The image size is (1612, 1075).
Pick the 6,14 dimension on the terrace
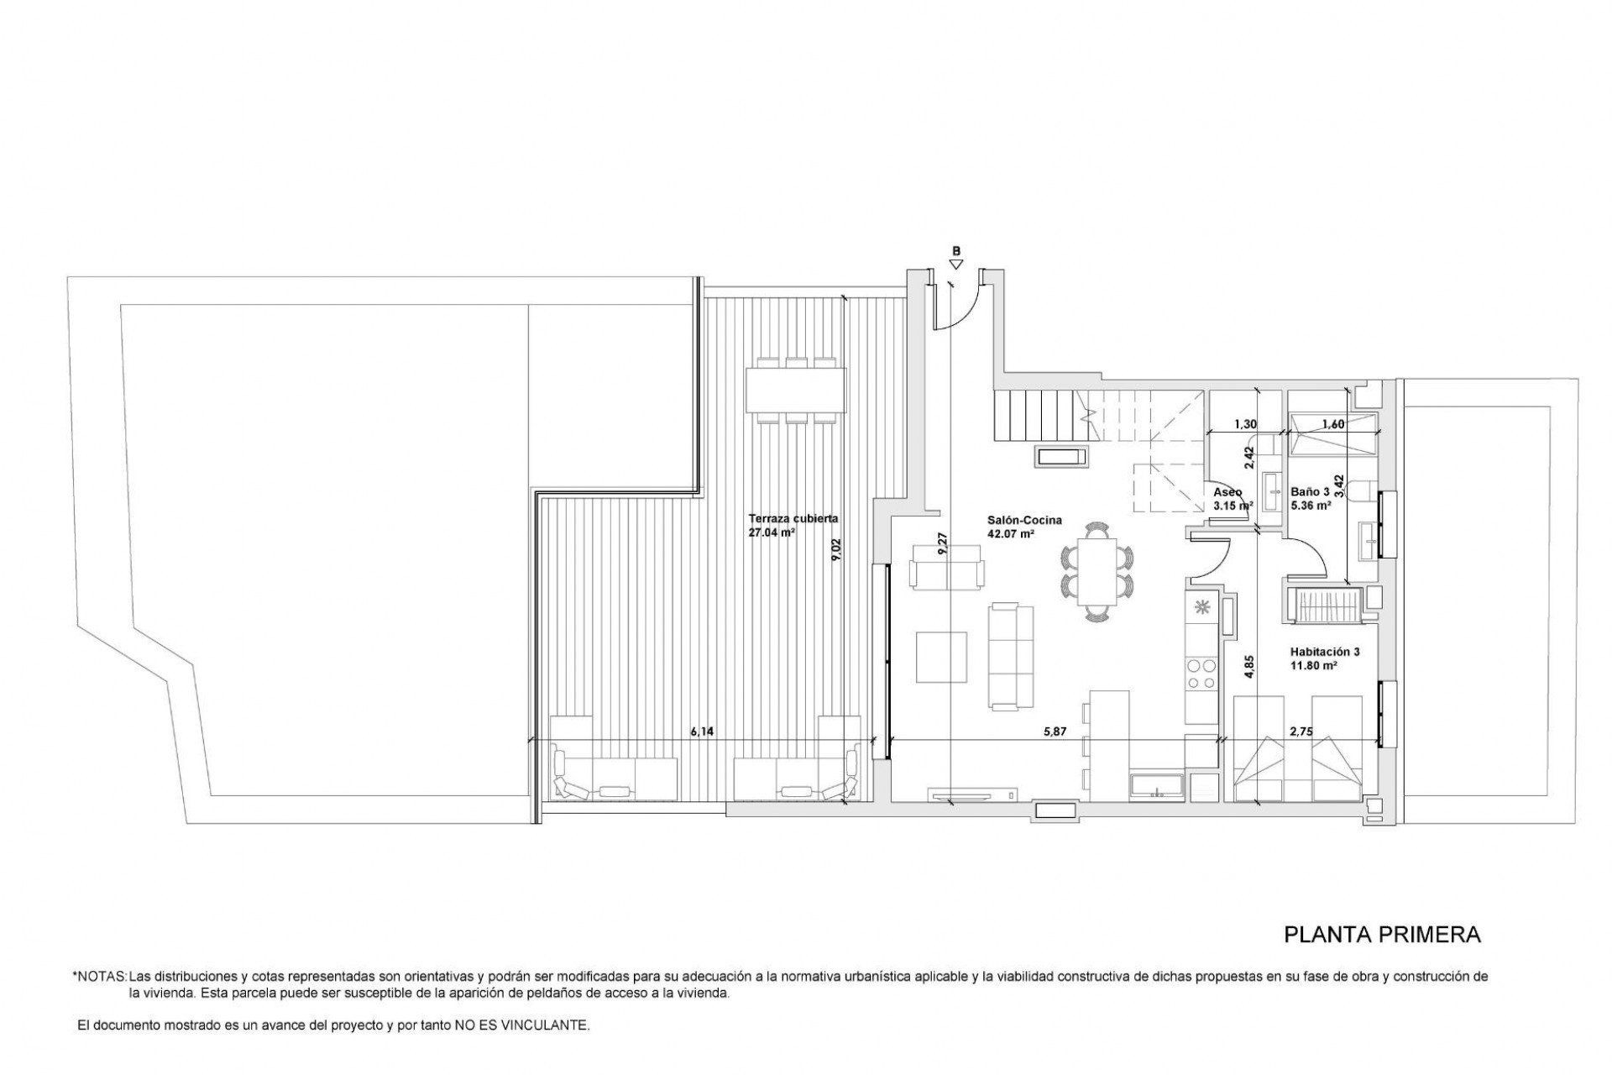click(702, 732)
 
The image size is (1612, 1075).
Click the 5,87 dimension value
click(1055, 732)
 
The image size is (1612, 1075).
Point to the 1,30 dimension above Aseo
click(1246, 424)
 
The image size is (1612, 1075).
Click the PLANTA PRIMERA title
click(1382, 935)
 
